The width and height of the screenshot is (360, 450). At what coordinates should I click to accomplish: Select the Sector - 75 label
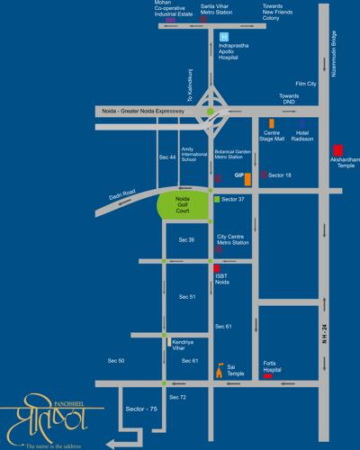142,409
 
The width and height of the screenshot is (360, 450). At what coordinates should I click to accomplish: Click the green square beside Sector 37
216,195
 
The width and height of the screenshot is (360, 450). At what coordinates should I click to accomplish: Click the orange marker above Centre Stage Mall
270,121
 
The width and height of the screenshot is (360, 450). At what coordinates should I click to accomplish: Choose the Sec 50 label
115,360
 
